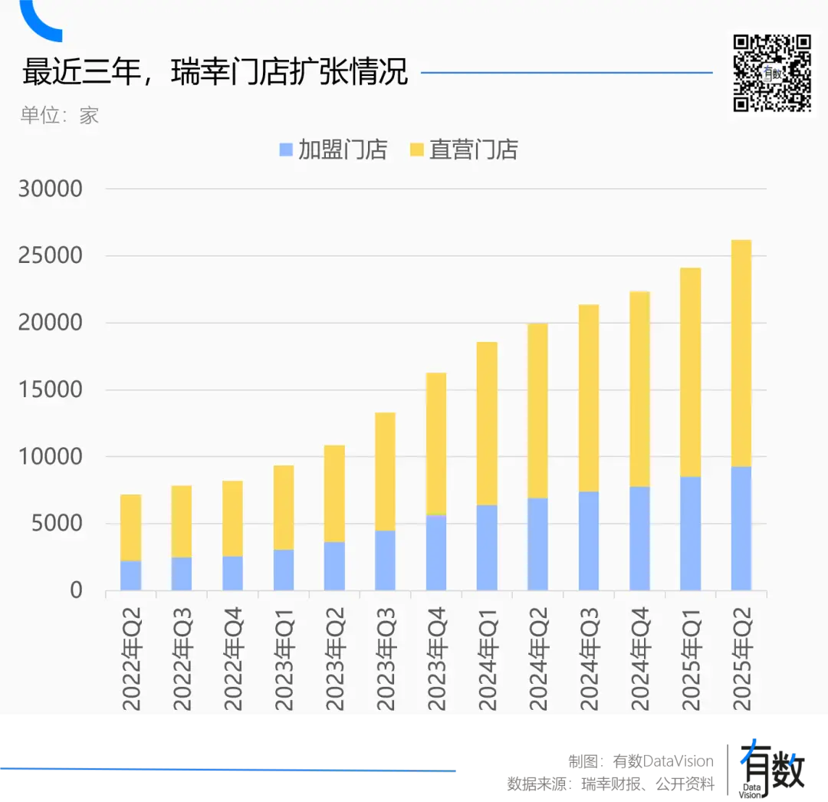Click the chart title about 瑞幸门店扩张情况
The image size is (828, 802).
coord(215,74)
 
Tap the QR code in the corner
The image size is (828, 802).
coord(771,72)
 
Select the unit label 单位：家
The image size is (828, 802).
coord(60,116)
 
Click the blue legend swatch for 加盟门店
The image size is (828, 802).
coord(287,150)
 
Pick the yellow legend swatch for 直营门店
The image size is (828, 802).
coord(417,150)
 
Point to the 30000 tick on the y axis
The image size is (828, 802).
coord(51,189)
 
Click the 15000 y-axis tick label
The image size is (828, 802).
coord(51,389)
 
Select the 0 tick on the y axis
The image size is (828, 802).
coord(76,590)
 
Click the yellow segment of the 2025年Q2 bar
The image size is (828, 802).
coord(741,353)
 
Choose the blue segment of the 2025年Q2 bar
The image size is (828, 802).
coord(741,529)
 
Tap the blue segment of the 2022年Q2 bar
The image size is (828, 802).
coord(131,576)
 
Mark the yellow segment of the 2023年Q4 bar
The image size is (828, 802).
coord(436,443)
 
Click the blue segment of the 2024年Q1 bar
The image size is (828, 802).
coord(487,547)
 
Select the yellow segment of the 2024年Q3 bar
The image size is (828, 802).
coord(589,398)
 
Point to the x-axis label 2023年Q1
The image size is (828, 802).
coord(284,656)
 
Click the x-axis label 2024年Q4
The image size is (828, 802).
coord(639,656)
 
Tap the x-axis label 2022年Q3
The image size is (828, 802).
coord(182,656)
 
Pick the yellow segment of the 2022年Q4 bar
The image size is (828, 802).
coord(232,518)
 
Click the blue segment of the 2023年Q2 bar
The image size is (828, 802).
coord(334,566)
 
